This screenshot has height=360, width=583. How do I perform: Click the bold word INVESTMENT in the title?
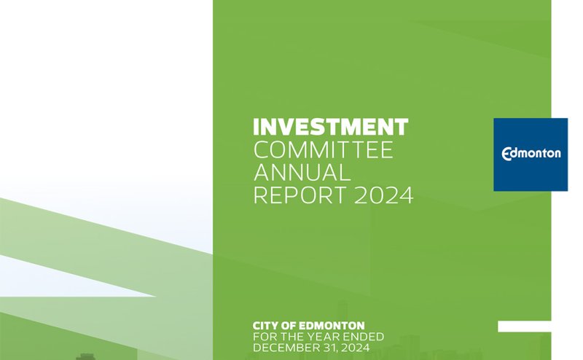click(330, 127)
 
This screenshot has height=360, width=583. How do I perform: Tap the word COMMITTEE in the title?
click(322, 151)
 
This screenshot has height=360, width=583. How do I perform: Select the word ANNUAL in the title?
click(302, 173)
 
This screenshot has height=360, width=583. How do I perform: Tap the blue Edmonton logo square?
click(530, 154)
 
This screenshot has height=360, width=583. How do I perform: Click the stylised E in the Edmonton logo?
click(508, 154)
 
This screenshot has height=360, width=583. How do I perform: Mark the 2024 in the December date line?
click(357, 349)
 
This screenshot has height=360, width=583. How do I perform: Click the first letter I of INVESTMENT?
click(256, 127)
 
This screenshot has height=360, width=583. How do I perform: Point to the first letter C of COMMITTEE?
click(260, 151)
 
